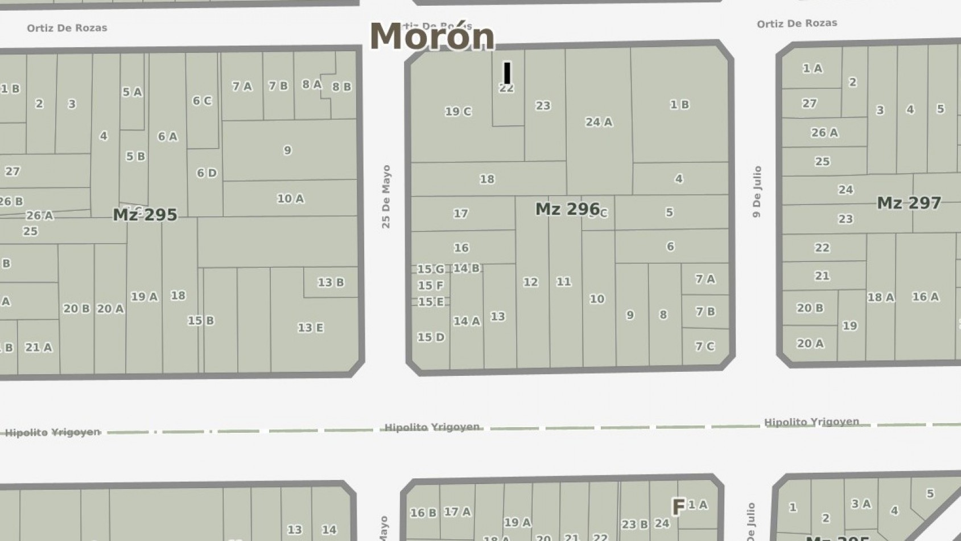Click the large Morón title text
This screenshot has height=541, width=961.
tap(432, 36)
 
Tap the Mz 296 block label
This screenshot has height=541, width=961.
tap(567, 209)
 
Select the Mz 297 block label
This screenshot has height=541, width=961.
tap(909, 203)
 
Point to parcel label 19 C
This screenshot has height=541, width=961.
tap(458, 112)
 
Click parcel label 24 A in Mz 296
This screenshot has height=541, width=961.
tap(599, 122)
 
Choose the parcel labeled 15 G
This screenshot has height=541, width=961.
tap(431, 269)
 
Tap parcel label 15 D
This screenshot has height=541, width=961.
tap(431, 337)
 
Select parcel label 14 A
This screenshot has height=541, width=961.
tap(467, 321)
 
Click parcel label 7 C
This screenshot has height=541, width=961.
tap(705, 346)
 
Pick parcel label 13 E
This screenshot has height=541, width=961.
tap(311, 327)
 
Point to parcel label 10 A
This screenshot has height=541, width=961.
tap(290, 198)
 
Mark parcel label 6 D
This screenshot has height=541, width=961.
tap(207, 173)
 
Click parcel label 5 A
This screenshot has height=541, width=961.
tap(132, 92)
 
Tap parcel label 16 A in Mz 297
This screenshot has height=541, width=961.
tap(925, 297)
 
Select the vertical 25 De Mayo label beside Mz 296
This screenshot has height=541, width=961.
tap(386, 196)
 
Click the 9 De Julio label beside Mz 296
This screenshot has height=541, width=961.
tap(757, 191)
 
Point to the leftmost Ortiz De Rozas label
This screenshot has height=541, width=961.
tap(67, 28)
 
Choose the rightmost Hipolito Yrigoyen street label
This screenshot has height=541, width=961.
tap(811, 422)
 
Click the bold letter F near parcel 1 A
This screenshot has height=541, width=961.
tap(678, 507)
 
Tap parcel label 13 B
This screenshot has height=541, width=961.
tap(331, 282)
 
